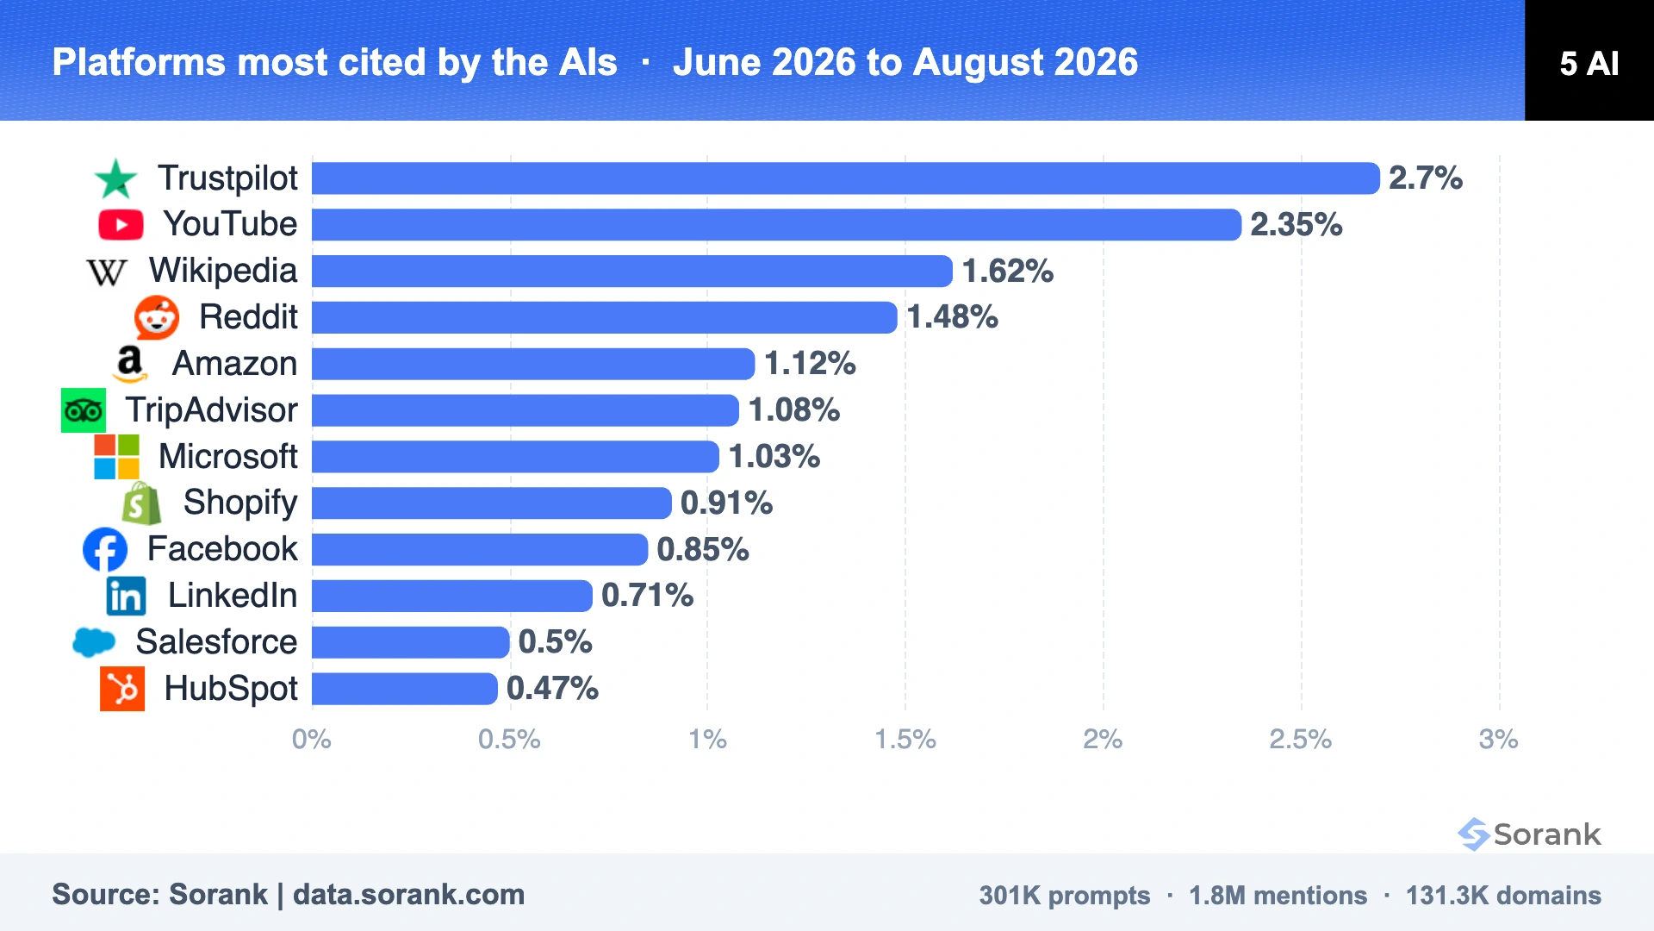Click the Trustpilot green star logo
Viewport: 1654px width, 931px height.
coord(115,178)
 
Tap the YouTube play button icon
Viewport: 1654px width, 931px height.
coord(121,225)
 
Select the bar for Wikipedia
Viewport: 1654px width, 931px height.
coord(632,271)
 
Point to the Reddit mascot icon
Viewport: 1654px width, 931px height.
coord(157,317)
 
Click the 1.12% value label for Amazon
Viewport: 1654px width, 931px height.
coord(810,364)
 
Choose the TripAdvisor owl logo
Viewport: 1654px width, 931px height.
coord(84,410)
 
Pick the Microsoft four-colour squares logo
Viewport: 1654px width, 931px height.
coord(116,457)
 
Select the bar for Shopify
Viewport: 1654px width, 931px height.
coord(492,503)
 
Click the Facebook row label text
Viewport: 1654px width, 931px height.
coord(222,549)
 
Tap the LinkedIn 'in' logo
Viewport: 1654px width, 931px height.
coord(126,596)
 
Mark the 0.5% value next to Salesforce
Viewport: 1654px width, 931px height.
coord(555,642)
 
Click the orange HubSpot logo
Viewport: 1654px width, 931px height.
coord(122,689)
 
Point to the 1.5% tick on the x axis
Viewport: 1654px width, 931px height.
coord(905,740)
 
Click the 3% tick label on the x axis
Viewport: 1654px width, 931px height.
coord(1499,740)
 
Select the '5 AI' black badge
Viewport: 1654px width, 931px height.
coord(1589,60)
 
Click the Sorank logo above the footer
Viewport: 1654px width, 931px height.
coord(1529,834)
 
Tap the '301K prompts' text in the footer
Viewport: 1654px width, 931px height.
coord(1065,896)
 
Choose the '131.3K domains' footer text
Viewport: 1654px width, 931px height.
coord(1503,896)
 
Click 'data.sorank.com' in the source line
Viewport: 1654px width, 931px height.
coord(408,895)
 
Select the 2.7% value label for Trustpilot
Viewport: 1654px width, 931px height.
coord(1426,178)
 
